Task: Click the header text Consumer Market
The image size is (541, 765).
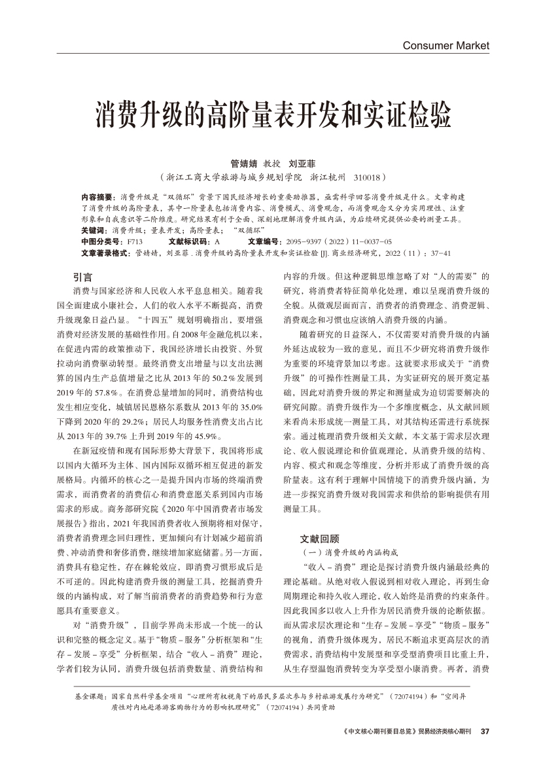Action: click(x=445, y=46)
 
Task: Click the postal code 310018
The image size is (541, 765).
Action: click(x=368, y=177)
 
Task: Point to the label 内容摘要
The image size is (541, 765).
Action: click(x=98, y=196)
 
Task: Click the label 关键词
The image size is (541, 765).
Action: click(x=95, y=231)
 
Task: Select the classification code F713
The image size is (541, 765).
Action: click(x=135, y=241)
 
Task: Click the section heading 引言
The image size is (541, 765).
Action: click(x=82, y=277)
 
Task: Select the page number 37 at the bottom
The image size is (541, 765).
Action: click(x=485, y=731)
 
